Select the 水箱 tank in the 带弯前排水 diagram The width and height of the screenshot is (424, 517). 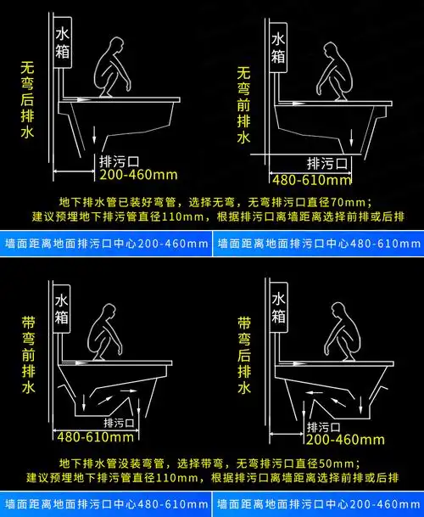coord(62,310)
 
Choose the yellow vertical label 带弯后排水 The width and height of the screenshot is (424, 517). coord(244,356)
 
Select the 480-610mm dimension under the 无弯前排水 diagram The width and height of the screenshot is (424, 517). coord(310,179)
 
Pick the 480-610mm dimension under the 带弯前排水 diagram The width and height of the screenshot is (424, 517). coord(95,437)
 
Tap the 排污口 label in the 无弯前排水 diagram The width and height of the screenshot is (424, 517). coord(326,163)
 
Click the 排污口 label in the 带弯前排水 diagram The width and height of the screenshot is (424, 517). coord(120,422)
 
